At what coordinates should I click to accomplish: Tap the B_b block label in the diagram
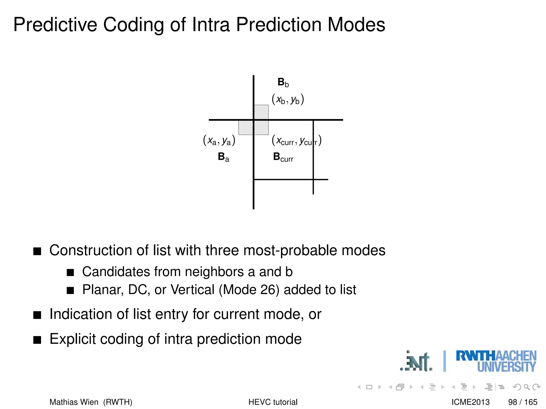(x=283, y=82)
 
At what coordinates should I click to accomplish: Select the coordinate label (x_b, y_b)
(x=288, y=100)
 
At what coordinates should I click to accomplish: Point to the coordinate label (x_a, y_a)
(x=219, y=140)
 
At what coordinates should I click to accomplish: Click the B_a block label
(x=223, y=157)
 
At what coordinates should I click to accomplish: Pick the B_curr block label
(x=283, y=157)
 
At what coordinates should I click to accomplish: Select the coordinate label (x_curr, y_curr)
(x=296, y=140)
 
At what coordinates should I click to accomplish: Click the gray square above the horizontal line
(x=261, y=112)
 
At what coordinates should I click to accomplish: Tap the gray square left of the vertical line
(x=246, y=128)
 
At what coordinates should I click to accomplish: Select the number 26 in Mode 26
(x=268, y=290)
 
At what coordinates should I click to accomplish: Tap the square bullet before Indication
(x=37, y=315)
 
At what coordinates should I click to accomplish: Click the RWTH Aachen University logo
(x=496, y=361)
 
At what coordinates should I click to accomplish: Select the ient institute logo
(x=416, y=362)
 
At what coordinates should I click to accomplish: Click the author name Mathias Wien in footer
(x=74, y=402)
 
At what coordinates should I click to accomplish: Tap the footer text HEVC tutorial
(x=273, y=402)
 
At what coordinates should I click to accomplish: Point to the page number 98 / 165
(x=522, y=402)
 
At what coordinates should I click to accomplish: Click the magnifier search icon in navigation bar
(x=527, y=387)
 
